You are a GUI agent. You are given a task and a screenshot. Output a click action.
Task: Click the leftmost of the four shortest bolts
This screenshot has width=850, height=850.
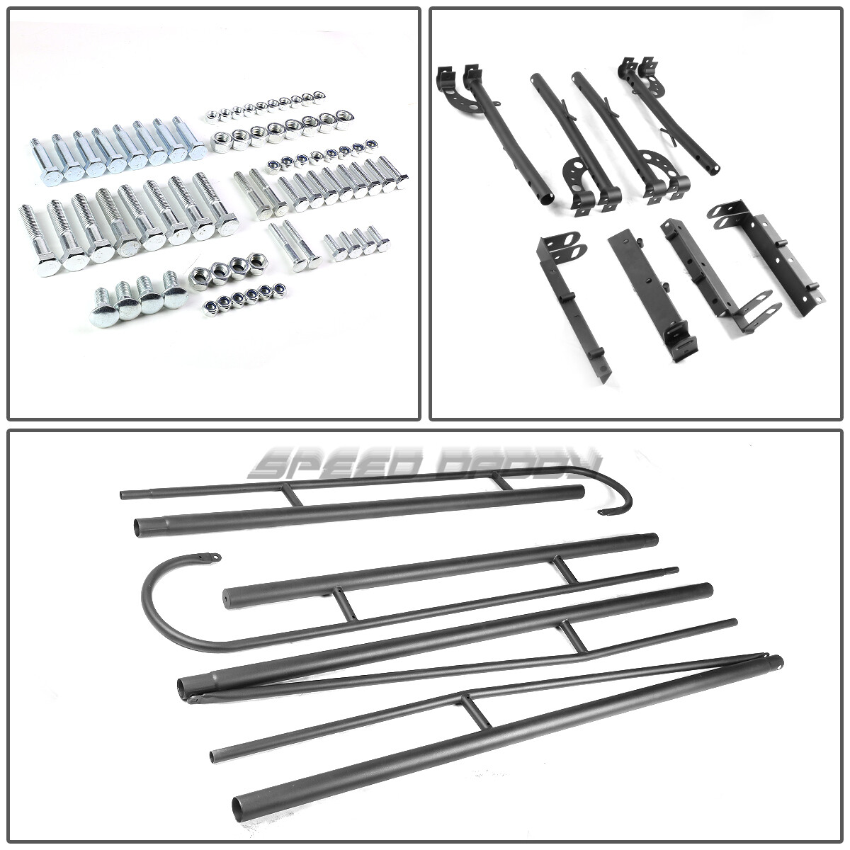click(331, 248)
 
